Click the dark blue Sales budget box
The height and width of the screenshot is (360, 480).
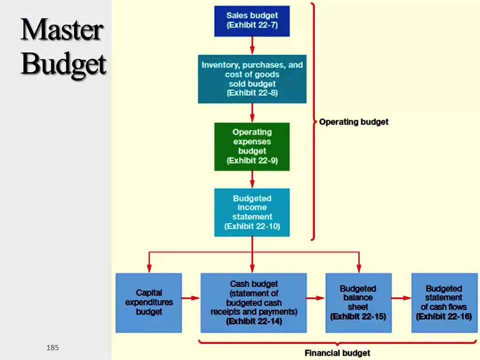point(251,20)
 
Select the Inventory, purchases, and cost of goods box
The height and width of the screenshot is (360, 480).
point(252,79)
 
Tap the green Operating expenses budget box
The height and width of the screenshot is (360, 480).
point(251,146)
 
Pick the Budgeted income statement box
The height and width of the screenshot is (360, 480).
point(251,212)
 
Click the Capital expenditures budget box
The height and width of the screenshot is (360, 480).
point(148,302)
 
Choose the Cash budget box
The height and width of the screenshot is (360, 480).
point(253,302)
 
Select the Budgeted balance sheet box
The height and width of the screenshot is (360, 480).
point(358,302)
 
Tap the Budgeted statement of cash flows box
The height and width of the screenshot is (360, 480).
point(444,302)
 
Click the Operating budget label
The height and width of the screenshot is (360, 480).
point(353,121)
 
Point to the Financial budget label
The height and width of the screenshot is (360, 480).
point(337,353)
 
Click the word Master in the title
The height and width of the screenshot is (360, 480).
point(62,31)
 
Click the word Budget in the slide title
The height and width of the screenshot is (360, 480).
point(63,63)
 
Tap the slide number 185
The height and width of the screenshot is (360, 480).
point(52,347)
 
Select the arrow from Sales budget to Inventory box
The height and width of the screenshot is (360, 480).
point(252,45)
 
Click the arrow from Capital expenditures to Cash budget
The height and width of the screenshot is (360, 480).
point(190,298)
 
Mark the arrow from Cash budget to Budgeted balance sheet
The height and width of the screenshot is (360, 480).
point(315,298)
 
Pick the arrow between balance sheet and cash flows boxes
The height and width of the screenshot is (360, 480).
point(401,298)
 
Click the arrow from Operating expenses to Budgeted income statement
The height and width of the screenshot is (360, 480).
point(252,179)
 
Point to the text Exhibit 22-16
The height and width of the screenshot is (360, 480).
point(444,316)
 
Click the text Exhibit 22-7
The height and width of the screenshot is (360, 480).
point(252,25)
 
